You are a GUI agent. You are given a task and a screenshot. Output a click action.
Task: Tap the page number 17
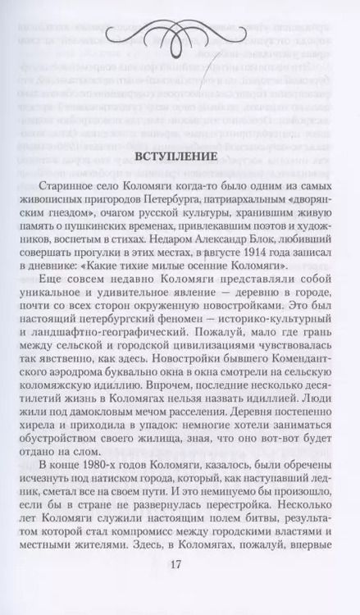[179, 565]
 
